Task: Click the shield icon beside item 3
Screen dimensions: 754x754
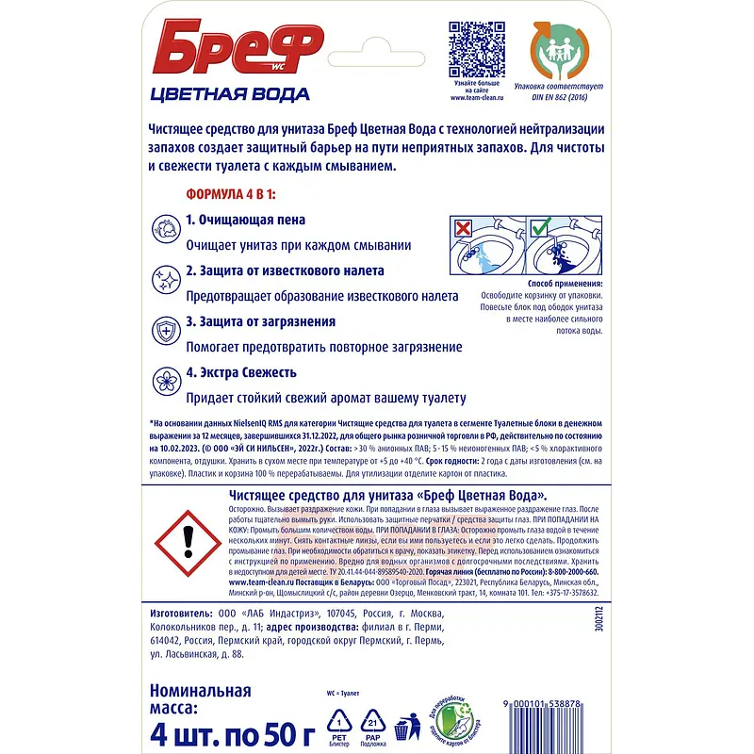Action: pos(165,331)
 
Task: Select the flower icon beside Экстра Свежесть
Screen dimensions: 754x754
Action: pos(165,381)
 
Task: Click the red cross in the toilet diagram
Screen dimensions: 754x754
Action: pos(463,229)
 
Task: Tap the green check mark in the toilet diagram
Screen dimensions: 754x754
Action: pos(539,229)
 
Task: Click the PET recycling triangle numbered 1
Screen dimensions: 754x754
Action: pos(333,722)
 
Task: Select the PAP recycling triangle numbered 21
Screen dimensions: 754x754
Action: pos(372,722)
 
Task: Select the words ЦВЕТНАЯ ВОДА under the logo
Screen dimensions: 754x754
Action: pos(230,93)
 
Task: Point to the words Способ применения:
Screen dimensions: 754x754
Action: pos(561,284)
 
